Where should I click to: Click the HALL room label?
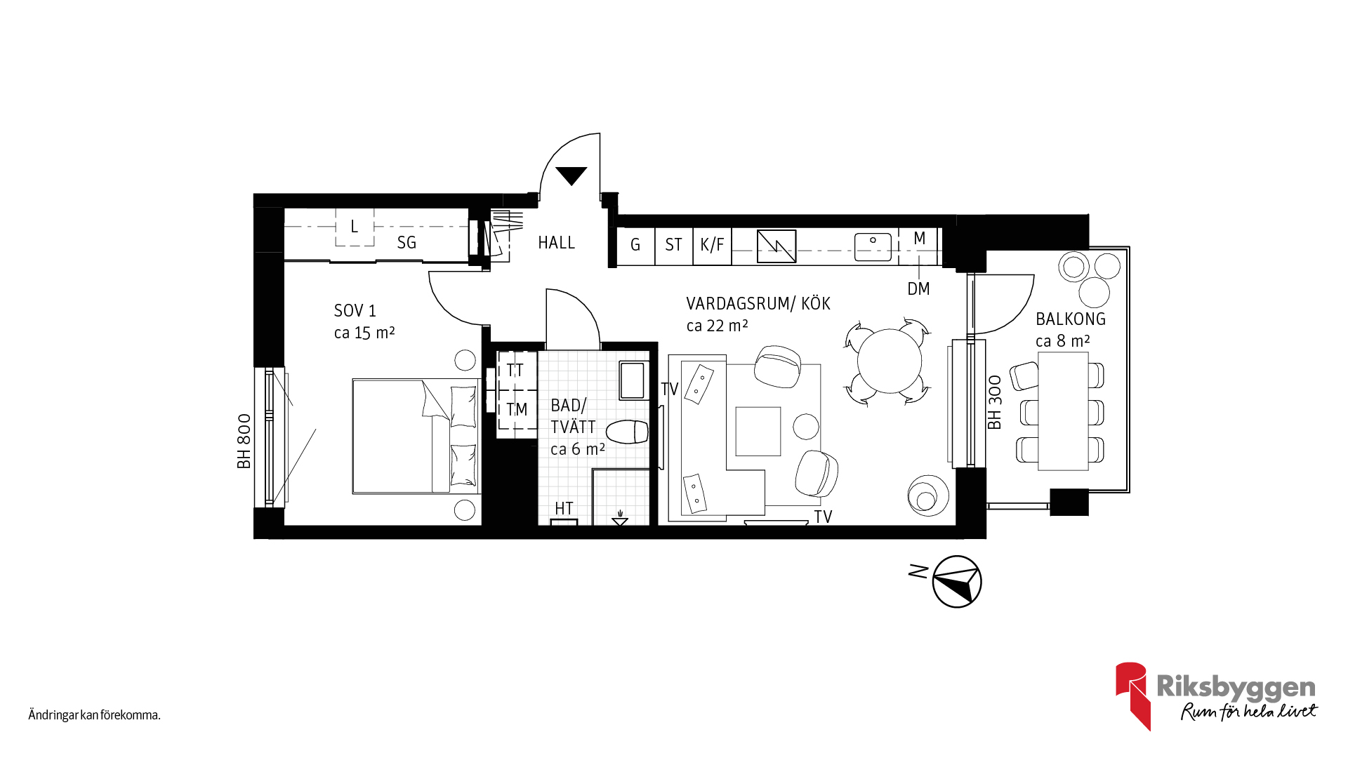click(556, 243)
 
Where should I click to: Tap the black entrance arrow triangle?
click(571, 175)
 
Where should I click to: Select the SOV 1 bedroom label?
click(355, 310)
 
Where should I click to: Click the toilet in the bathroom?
click(627, 432)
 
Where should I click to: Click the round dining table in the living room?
click(890, 361)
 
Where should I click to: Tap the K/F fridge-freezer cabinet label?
click(712, 245)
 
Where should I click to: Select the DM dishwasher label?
click(918, 288)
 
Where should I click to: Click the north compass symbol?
click(956, 581)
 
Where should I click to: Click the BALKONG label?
click(1071, 319)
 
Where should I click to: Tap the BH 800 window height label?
click(244, 441)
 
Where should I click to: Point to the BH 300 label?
click(994, 402)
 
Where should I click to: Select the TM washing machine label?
click(517, 409)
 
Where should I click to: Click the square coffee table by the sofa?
click(758, 432)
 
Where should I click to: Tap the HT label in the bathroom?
click(564, 508)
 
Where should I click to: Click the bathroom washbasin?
click(633, 380)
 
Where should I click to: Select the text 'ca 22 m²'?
click(717, 326)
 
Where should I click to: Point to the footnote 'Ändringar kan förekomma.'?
click(95, 715)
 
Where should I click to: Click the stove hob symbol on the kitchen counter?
click(777, 246)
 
